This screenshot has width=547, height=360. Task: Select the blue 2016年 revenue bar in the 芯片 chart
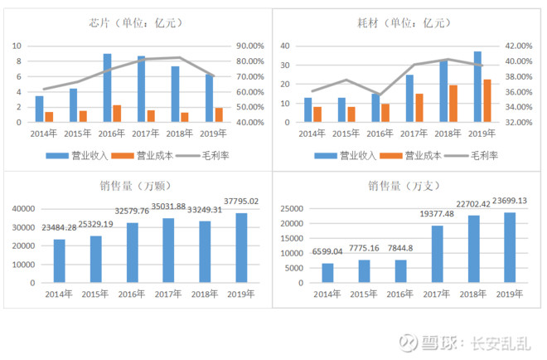coord(108,88)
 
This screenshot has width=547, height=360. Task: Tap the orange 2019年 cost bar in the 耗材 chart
coord(487,100)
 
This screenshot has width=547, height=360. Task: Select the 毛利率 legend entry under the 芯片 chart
coord(210,155)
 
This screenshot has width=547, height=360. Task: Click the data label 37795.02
coord(241,201)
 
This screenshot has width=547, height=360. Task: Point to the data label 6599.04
coord(328,252)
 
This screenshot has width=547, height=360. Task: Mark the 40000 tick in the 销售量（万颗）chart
coord(24,208)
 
